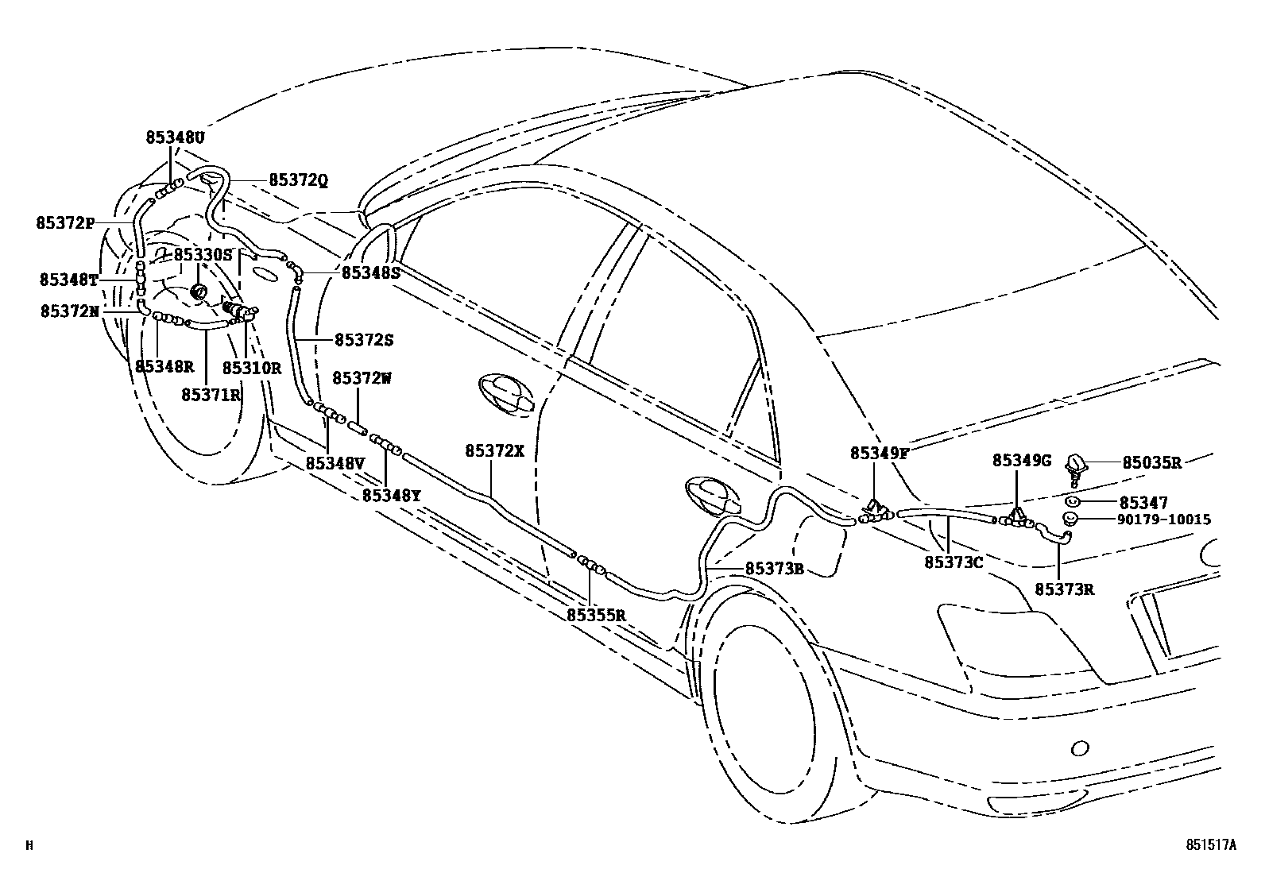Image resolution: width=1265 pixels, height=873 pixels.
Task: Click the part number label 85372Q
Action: [x=298, y=180]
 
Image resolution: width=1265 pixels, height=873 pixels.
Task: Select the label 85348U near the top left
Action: [x=175, y=137]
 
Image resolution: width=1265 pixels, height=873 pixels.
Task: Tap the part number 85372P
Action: [x=65, y=222]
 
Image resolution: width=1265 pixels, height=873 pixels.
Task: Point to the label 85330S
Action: [x=203, y=254]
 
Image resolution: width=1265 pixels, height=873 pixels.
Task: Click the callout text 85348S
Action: [x=371, y=272]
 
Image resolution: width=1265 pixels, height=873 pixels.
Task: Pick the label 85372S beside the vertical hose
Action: [x=364, y=339]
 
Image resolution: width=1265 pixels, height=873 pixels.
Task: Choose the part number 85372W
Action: [x=362, y=378]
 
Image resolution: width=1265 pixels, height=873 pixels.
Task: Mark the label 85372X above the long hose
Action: [x=494, y=450]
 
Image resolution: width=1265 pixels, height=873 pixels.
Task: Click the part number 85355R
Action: [x=597, y=615]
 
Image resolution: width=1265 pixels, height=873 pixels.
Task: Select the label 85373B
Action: [x=775, y=569]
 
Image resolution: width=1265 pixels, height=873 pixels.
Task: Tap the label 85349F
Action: [x=880, y=453]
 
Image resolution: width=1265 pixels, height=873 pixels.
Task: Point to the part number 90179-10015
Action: [x=1166, y=520]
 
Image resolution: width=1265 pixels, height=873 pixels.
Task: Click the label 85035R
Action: [x=1151, y=462]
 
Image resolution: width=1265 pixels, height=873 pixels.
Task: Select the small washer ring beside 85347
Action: [x=1072, y=502]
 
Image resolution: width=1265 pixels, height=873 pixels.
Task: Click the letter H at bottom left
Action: [x=29, y=846]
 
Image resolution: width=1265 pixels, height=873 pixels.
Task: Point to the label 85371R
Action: [x=211, y=394]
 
